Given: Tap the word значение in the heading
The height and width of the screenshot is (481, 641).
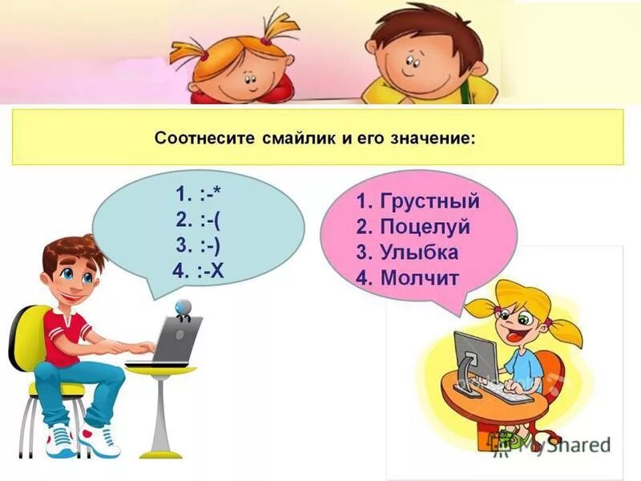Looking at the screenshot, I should click(x=433, y=138).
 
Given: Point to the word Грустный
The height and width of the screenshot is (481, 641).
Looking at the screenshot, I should click(x=430, y=200).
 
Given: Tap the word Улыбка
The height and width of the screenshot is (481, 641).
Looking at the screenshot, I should click(x=419, y=253).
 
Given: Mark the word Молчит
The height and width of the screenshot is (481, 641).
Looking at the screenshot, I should click(x=419, y=278).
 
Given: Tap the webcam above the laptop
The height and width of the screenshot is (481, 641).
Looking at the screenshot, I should click(x=183, y=308).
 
